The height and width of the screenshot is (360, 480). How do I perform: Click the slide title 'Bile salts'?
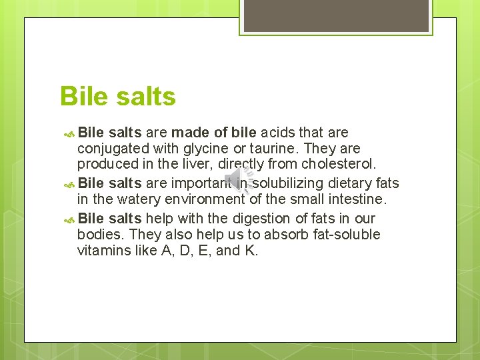pyautogui.click(x=117, y=97)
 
